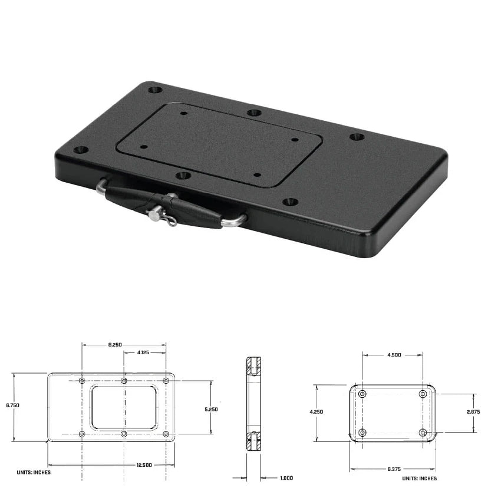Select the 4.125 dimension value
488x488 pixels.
143,353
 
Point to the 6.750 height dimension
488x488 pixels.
12,405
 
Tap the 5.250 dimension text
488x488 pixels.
211,409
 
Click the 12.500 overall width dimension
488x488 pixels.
144,465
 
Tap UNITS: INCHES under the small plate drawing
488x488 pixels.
421,479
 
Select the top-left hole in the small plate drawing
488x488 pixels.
362,393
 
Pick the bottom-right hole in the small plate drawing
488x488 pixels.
423,433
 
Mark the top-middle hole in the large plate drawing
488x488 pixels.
124,381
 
